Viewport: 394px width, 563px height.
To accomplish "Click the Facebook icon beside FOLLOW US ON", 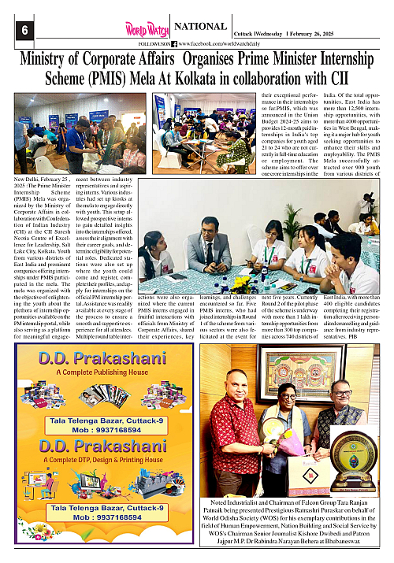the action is [173, 44].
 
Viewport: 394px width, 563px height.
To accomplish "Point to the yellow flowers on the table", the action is [240, 281].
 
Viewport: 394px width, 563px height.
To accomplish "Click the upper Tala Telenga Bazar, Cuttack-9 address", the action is [97, 421].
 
